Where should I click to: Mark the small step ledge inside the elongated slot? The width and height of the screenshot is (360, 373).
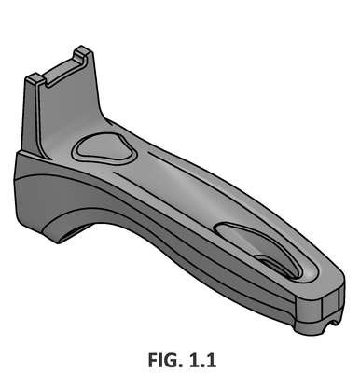[272, 264]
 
